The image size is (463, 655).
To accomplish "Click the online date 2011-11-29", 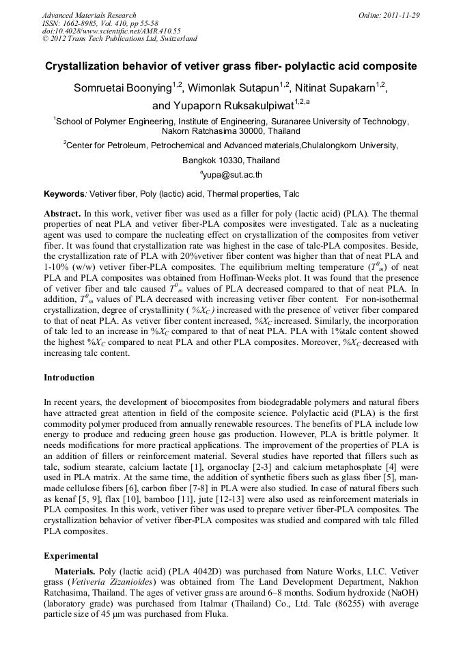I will pyautogui.click(x=401, y=15).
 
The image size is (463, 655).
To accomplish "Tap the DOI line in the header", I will pyautogui.click(x=111, y=31).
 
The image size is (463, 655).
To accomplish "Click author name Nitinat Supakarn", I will pyautogui.click(x=335, y=87).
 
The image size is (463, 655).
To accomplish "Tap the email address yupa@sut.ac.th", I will pyautogui.click(x=233, y=175).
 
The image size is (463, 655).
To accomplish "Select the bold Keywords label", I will pyautogui.click(x=64, y=194).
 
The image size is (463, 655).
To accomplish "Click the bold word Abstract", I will pyautogui.click(x=62, y=214).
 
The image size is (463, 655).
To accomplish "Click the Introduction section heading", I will pyautogui.click(x=69, y=378).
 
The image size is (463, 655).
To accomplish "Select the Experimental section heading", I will pyautogui.click(x=71, y=556).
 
